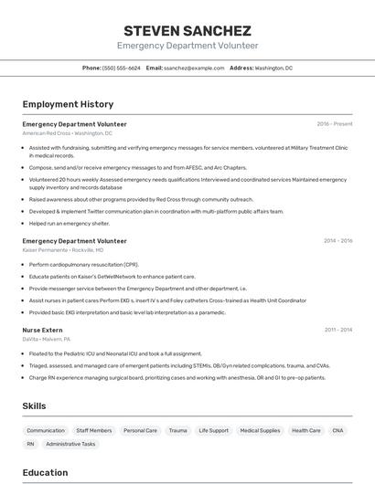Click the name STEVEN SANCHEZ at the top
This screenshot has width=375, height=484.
pos(187,30)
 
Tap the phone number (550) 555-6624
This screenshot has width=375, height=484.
pos(121,68)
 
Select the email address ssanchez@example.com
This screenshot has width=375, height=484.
pos(194,68)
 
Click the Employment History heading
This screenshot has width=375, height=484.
pos(68,105)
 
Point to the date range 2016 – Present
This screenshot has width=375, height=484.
pos(335,124)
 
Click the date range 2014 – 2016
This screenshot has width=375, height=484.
pos(337,241)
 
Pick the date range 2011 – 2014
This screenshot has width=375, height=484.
pos(337,330)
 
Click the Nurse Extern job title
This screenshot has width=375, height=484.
pos(42,330)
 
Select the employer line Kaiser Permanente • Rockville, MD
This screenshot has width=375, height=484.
pos(63,250)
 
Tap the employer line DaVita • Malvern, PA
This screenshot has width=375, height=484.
pos(47,339)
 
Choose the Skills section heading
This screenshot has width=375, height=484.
pos(35,405)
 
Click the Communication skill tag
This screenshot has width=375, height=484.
pos(46,430)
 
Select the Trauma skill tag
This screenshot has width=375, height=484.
pos(177,430)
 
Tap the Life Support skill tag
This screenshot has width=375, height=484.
pos(214,430)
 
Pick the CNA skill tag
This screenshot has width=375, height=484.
pos(338,430)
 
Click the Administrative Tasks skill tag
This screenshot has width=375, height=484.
pos(70,444)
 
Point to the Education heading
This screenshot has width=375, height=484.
pos(45,473)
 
